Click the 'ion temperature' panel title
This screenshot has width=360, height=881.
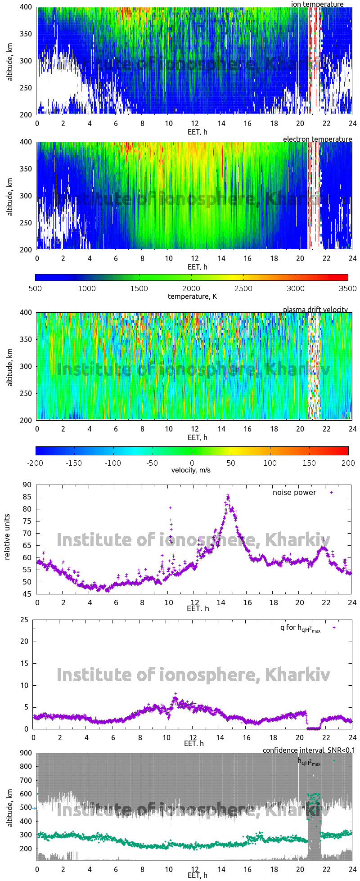pyautogui.click(x=317, y=4)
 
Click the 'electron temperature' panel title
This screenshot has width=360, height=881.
pyautogui.click(x=317, y=139)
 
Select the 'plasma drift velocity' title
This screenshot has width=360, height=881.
pyautogui.click(x=315, y=310)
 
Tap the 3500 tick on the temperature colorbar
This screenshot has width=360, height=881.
pyautogui.click(x=347, y=288)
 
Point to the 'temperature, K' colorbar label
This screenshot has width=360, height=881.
pyautogui.click(x=192, y=296)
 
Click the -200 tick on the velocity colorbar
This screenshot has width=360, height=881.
pyautogui.click(x=36, y=463)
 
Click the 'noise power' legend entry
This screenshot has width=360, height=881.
pyautogui.click(x=294, y=493)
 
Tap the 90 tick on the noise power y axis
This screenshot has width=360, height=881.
pyautogui.click(x=27, y=485)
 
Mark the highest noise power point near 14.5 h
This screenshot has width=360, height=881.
pyautogui.click(x=228, y=495)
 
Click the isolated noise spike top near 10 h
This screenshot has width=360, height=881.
pyautogui.click(x=171, y=508)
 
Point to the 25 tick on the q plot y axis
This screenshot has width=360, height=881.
pyautogui.click(x=25, y=620)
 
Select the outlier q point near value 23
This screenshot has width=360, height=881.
pyautogui.click(x=34, y=629)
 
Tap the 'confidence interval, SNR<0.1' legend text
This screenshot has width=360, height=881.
pyautogui.click(x=309, y=750)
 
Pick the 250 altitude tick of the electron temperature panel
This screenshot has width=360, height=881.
pyautogui.click(x=26, y=223)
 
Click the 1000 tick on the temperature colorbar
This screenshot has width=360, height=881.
pyautogui.click(x=87, y=288)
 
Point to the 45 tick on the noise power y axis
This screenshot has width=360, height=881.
pyautogui.click(x=27, y=594)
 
